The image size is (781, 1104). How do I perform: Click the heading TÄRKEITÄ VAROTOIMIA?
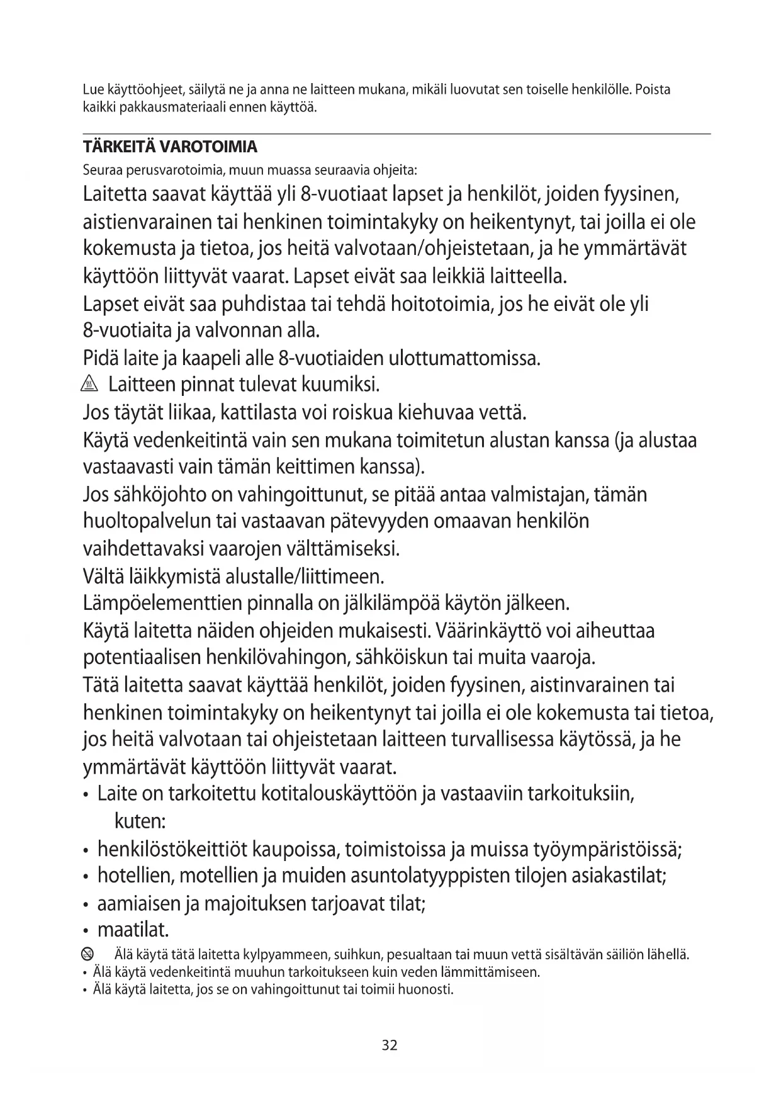[170, 147]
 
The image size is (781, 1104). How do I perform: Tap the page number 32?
[390, 1045]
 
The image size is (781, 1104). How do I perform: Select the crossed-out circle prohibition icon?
[89, 954]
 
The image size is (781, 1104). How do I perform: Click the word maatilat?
[133, 929]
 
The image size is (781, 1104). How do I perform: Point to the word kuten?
[140, 821]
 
